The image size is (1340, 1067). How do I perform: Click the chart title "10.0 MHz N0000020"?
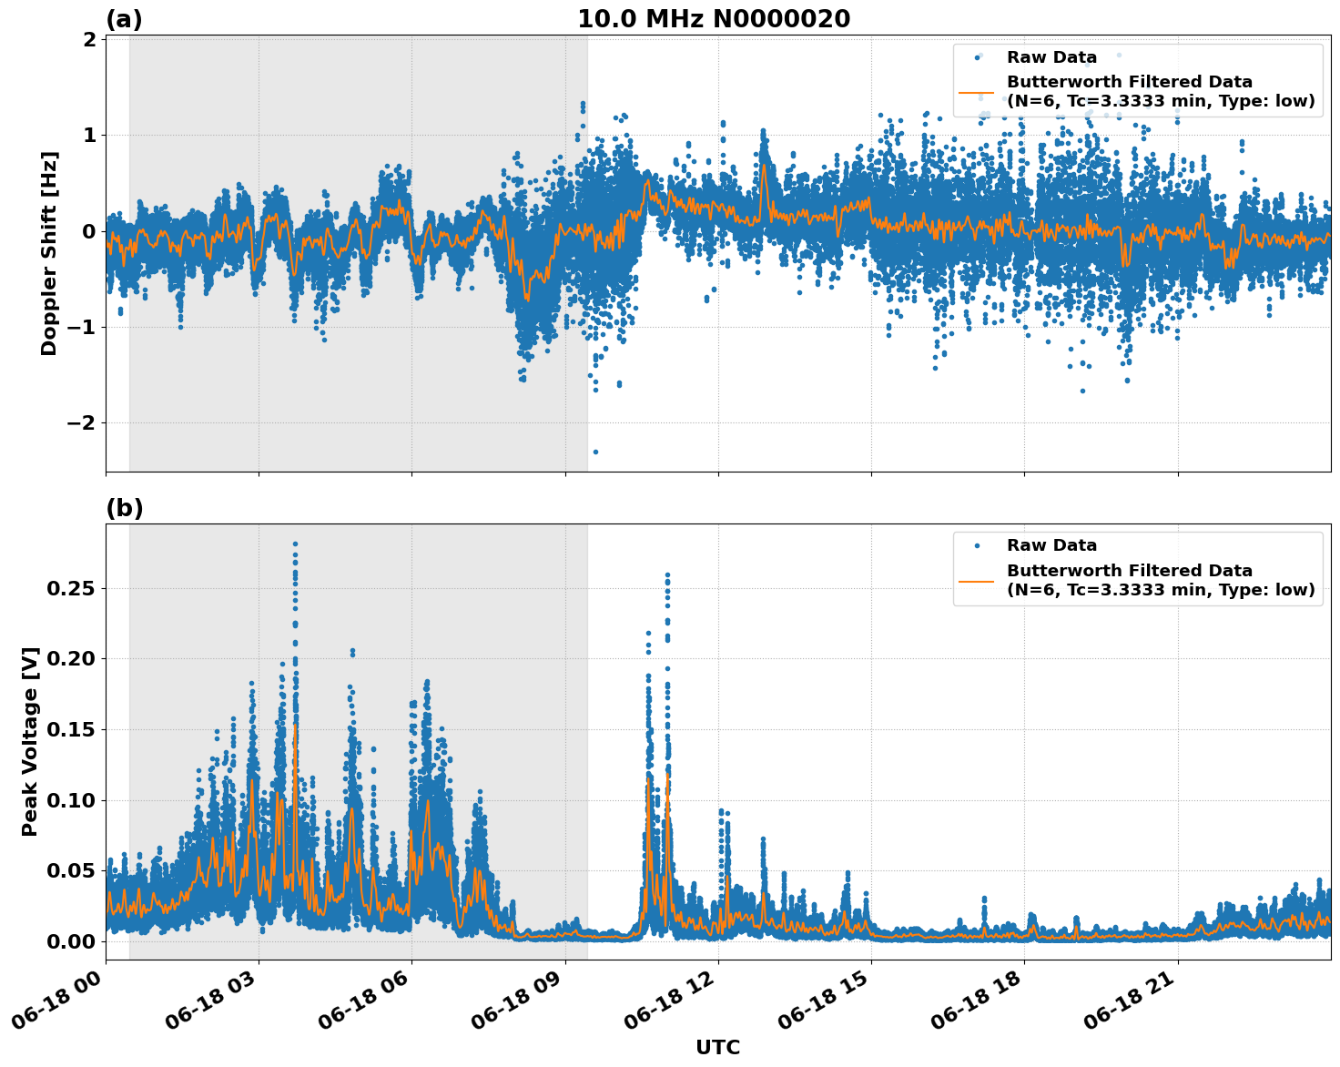coord(714,19)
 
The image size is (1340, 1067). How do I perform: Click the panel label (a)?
coord(124,19)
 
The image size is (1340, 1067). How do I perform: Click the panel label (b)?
coord(124,508)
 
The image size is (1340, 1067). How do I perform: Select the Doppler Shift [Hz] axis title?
coord(49,253)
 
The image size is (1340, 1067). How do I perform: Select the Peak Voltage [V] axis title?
coord(31,741)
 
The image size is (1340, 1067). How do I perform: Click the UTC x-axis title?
coord(717,1047)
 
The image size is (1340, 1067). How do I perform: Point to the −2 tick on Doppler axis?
coord(83,423)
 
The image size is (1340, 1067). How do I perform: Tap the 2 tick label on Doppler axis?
coord(89,39)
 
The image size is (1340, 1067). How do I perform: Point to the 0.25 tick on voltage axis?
coord(70,589)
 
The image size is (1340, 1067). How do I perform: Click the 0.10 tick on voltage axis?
coord(70,800)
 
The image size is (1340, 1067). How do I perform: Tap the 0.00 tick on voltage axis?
coord(70,941)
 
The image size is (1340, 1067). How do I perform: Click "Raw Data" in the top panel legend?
coord(1051,57)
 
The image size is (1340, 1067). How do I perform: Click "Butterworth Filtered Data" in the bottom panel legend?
coord(1129,571)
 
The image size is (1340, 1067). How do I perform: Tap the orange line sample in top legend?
coord(976,92)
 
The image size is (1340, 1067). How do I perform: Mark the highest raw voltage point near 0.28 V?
coord(295,544)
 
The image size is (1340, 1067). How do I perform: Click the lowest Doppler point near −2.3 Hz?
coord(595,452)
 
